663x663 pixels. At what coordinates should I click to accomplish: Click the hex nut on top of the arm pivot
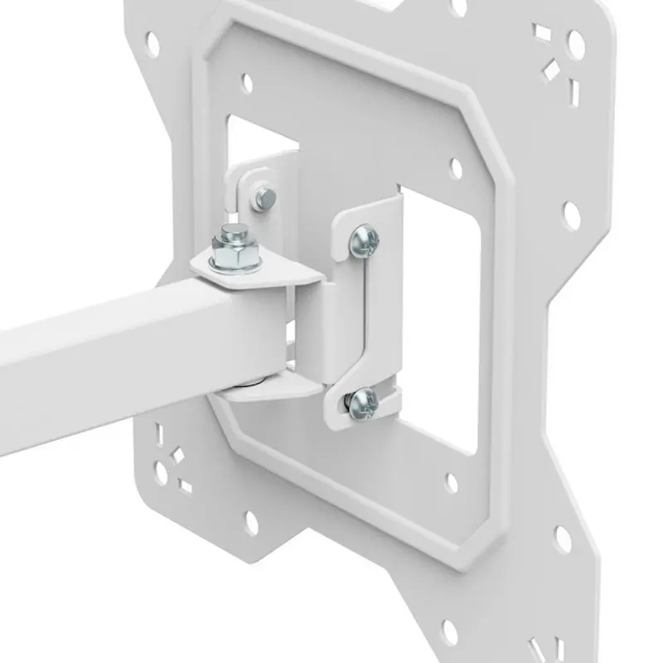pos(235,253)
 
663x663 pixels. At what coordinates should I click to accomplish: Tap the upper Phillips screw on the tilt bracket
pos(364,240)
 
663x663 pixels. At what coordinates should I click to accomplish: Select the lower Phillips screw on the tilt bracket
pos(362,403)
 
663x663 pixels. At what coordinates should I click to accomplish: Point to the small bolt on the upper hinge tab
pos(265,197)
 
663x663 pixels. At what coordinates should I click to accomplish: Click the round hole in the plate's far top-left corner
pos(152,43)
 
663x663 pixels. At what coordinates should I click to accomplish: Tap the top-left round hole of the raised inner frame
pos(246,82)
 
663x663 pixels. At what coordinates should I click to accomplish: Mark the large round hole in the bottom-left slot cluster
pos(162,474)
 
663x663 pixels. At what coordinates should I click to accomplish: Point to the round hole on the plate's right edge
pos(572,215)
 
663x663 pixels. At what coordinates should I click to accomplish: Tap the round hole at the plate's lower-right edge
pos(563,540)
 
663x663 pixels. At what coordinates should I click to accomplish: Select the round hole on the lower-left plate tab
pos(251,523)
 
